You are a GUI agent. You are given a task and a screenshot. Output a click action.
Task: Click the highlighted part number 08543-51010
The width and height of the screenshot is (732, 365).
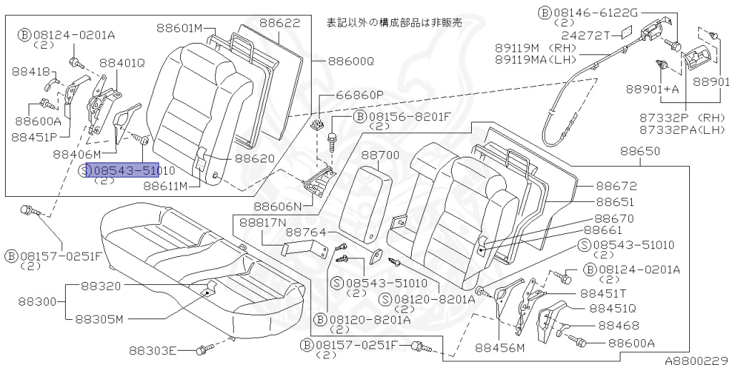click(x=123, y=170)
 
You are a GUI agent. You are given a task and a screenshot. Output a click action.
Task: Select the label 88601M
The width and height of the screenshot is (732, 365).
click(x=179, y=28)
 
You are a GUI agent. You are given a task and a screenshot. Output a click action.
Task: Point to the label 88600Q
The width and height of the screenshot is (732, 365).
click(x=351, y=62)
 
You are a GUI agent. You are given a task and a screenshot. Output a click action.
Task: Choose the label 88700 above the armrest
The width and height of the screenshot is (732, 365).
click(x=380, y=155)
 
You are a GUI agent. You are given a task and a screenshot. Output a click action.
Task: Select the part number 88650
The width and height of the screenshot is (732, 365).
click(x=640, y=151)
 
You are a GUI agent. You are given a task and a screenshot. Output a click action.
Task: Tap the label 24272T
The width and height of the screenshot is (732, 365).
click(x=585, y=36)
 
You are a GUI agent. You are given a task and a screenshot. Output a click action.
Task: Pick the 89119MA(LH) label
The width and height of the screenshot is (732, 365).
click(x=536, y=59)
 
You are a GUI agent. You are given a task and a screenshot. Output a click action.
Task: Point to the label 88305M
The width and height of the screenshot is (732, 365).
click(x=99, y=319)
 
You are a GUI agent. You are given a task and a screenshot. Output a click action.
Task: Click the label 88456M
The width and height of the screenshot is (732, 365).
click(x=499, y=348)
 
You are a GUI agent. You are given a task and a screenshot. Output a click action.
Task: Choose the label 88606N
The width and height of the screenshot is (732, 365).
click(x=277, y=205)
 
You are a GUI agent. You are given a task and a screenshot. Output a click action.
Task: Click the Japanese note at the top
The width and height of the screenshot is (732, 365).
click(x=394, y=22)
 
